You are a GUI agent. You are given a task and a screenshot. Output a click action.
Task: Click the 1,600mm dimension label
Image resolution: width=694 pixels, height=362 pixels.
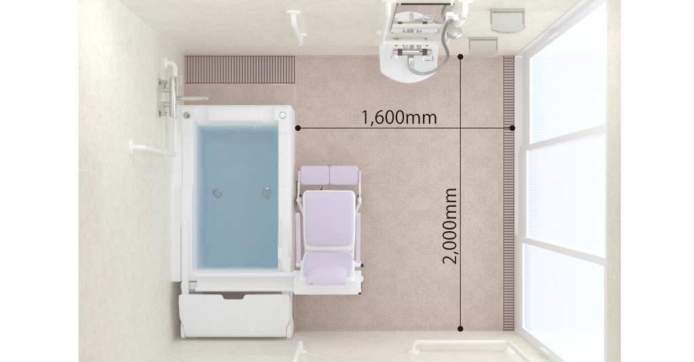[x=399, y=118]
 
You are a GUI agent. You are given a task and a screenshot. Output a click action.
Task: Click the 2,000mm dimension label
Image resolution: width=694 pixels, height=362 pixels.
[x=450, y=226]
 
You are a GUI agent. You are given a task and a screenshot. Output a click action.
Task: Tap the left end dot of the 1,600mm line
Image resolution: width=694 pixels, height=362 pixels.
[x=298, y=128]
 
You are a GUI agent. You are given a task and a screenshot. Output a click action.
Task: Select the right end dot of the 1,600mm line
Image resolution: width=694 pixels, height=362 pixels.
[x=512, y=128]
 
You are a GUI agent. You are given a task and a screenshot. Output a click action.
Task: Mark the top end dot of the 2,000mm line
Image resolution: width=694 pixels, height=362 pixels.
[x=461, y=57]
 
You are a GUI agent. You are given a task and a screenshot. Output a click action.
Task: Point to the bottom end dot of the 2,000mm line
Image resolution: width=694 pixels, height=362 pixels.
[x=460, y=329]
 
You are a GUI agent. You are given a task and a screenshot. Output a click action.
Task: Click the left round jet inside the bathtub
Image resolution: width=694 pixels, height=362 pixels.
[x=218, y=193]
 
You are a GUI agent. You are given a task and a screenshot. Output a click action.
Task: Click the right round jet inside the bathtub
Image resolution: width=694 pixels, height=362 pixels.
[x=266, y=193]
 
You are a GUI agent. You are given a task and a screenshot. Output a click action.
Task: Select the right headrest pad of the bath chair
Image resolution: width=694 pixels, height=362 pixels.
[x=344, y=174]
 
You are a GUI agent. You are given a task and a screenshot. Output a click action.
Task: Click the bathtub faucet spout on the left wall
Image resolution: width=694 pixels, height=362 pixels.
[x=192, y=99]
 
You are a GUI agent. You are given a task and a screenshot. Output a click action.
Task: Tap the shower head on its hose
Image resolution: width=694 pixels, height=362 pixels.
[x=453, y=29]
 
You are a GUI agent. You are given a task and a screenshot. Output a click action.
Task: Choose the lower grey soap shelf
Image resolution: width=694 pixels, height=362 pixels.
[x=483, y=47]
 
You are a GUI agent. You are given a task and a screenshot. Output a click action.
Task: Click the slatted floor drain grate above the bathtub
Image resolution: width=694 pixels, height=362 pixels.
[x=240, y=69]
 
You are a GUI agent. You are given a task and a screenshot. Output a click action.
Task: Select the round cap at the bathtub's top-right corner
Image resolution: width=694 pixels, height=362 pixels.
[x=283, y=115]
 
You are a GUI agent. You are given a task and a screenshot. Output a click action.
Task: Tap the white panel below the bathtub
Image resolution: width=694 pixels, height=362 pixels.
[x=236, y=315]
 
